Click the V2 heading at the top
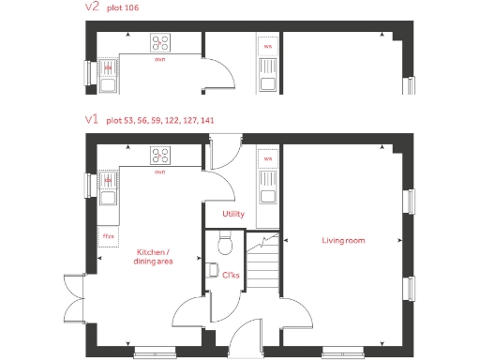tap(92, 8)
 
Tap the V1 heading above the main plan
tap(92, 120)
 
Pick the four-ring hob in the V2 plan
tap(160, 43)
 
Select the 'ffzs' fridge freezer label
tap(108, 235)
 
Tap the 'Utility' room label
tap(233, 214)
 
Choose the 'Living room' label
tap(343, 241)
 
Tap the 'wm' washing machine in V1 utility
tap(267, 158)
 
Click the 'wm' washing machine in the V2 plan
tap(267, 45)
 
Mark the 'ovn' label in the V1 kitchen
tap(159, 172)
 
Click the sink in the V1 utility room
tap(267, 195)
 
